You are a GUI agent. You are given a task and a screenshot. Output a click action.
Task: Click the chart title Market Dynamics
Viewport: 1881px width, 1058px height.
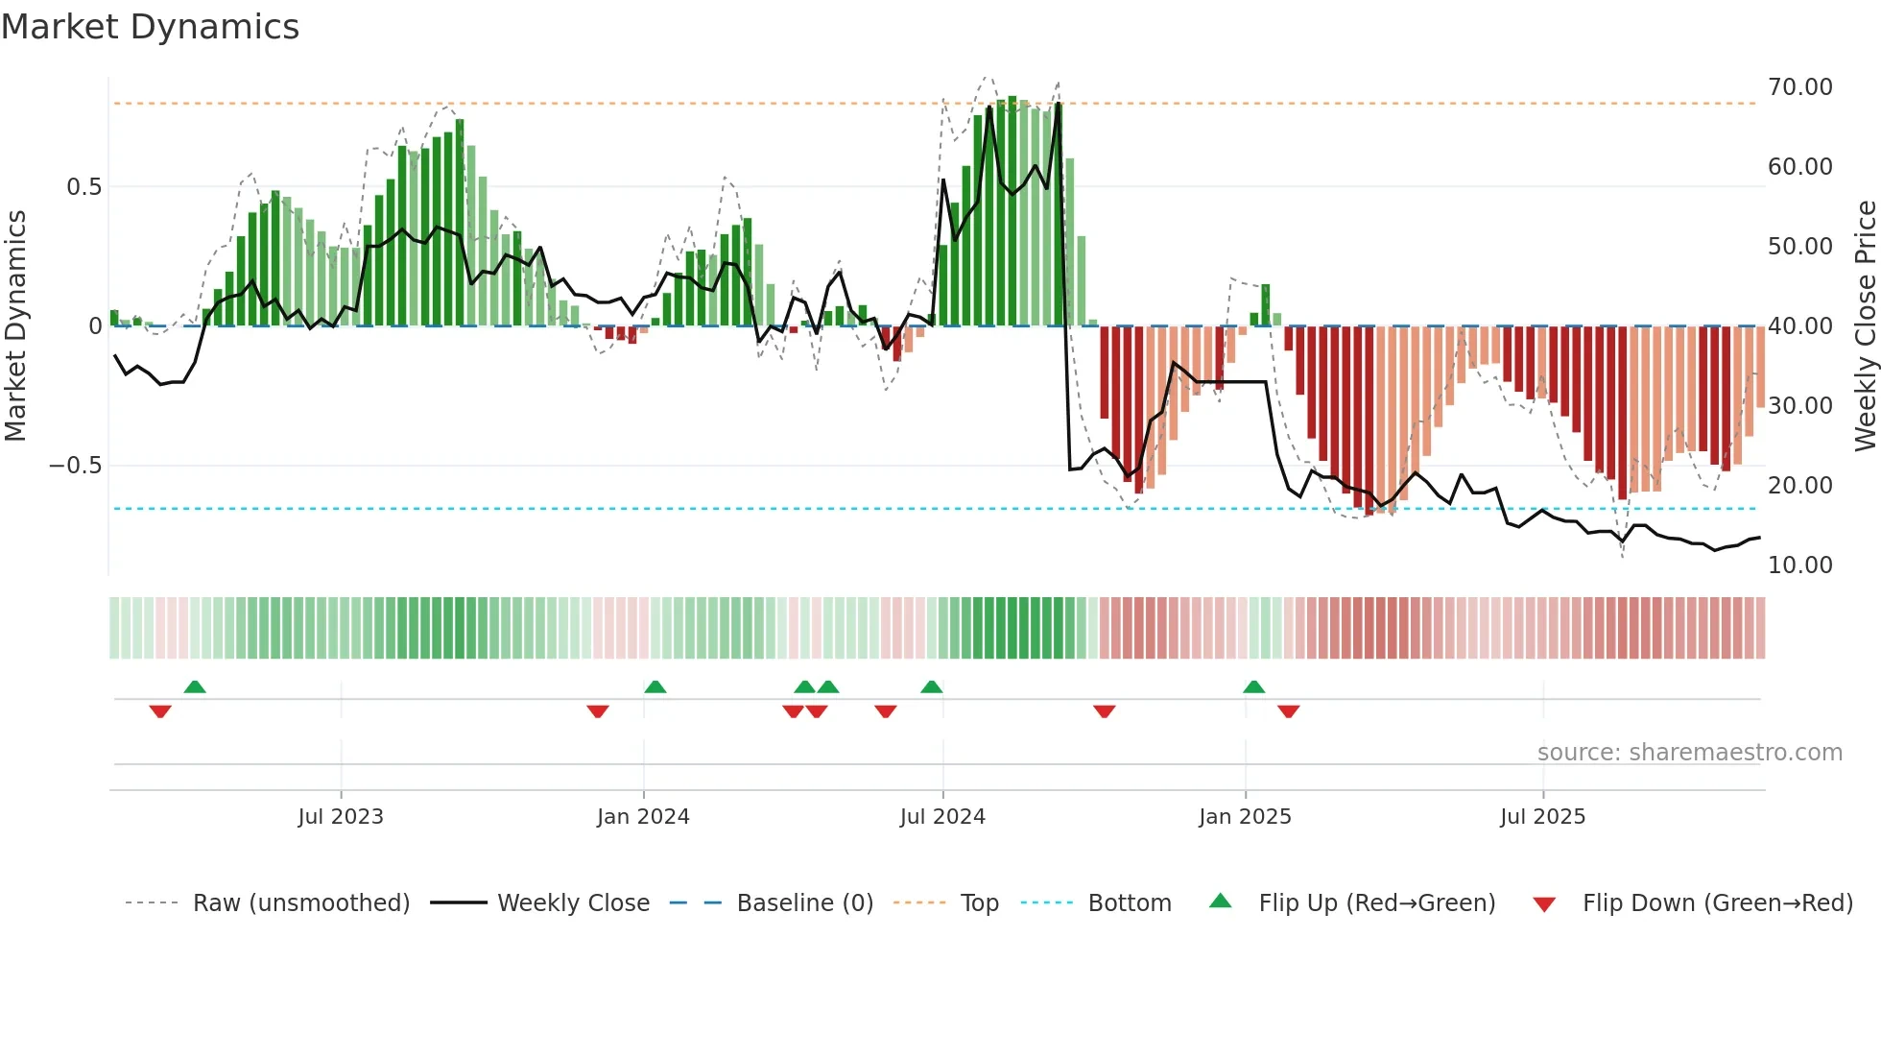[x=150, y=27]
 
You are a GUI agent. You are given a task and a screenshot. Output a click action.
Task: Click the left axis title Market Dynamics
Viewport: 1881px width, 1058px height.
[x=15, y=325]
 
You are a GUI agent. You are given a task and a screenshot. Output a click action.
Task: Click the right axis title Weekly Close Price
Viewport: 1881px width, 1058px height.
[x=1865, y=325]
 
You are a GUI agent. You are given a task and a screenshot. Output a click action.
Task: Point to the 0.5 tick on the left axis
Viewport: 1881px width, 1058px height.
[x=83, y=187]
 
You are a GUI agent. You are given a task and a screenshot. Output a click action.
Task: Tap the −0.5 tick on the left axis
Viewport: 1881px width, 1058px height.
[x=76, y=466]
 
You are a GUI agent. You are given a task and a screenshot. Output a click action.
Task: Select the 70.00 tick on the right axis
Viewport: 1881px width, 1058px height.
[x=1799, y=87]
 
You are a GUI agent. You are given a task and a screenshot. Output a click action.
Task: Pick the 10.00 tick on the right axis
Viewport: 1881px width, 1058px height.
[x=1799, y=565]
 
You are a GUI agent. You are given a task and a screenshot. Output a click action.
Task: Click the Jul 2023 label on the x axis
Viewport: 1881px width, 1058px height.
[x=341, y=817]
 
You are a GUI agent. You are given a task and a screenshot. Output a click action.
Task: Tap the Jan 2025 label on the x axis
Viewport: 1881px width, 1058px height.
[x=1245, y=817]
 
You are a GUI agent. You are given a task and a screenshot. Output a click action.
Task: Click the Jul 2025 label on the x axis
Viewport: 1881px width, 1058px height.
[x=1542, y=817]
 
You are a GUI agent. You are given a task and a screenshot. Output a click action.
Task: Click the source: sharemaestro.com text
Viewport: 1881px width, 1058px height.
[x=1689, y=753]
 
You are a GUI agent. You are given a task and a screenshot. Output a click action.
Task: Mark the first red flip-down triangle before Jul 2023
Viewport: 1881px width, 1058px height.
[x=160, y=711]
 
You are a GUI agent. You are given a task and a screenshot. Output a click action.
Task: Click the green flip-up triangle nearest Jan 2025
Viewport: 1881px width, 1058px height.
[x=1253, y=686]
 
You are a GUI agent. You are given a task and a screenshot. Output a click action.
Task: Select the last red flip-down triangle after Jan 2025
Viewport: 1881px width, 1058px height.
[x=1288, y=711]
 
